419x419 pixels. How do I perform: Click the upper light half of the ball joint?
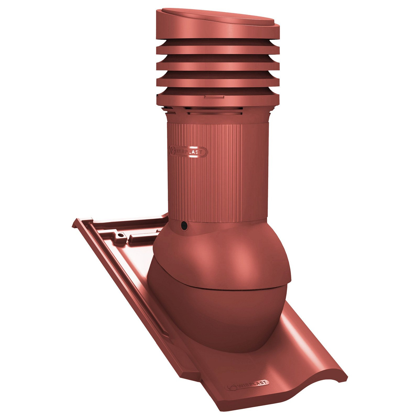223,257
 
